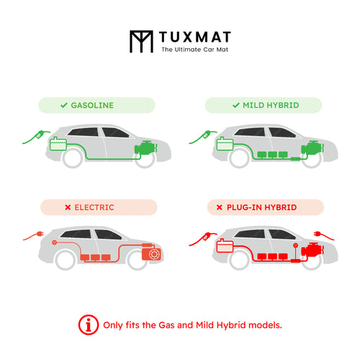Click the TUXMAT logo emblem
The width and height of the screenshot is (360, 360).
[141, 41]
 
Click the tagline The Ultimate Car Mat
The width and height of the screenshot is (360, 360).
[194, 50]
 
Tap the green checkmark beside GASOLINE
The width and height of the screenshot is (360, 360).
[64, 105]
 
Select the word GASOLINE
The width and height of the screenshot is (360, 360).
[92, 105]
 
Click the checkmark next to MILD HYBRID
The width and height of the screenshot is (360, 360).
[236, 105]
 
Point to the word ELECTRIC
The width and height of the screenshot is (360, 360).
[94, 207]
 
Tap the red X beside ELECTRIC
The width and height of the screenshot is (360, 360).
[68, 207]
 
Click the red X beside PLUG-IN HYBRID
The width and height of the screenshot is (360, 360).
[220, 207]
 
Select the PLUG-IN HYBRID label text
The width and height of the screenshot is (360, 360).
[261, 207]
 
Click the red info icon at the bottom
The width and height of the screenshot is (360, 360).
[89, 325]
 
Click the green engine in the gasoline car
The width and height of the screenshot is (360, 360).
[145, 148]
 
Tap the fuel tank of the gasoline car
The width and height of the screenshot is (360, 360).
[58, 144]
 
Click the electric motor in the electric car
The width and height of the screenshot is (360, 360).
[151, 253]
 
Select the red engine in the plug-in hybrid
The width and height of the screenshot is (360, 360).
[312, 250]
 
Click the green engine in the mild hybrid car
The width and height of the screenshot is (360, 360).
[312, 148]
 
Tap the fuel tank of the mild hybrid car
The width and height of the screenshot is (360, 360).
[225, 144]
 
